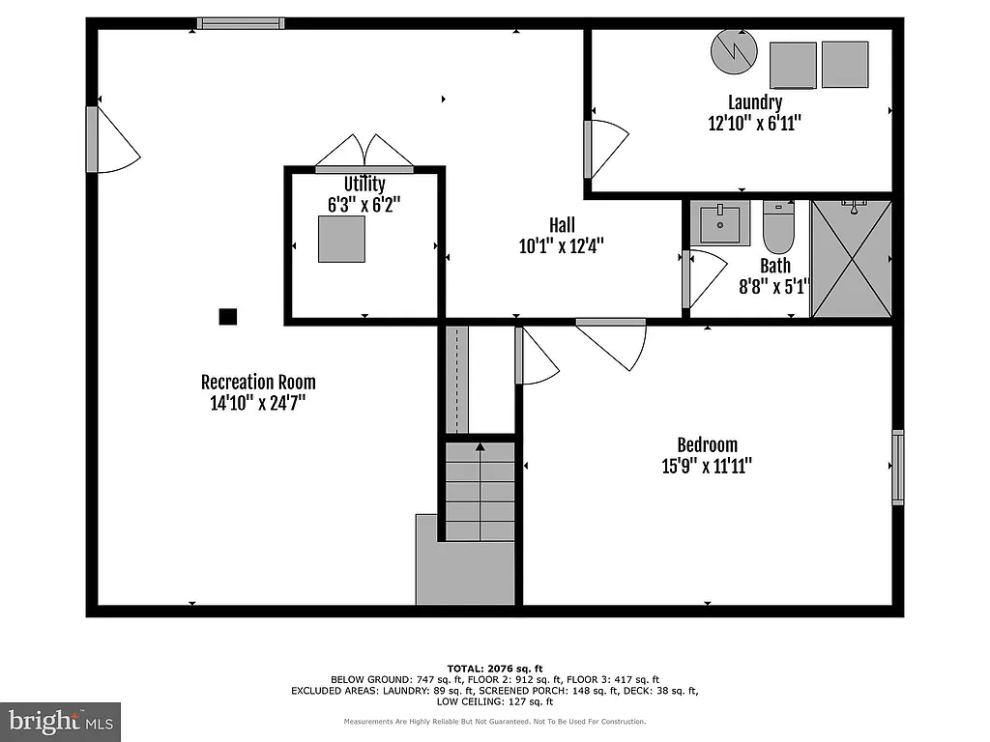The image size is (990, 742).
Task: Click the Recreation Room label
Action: click(258, 382)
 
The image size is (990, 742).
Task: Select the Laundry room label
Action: click(755, 101)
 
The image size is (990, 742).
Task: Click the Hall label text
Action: click(561, 225)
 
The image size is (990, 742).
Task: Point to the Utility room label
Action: click(364, 184)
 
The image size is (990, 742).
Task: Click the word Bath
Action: click(774, 265)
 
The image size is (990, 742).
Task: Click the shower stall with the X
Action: click(851, 258)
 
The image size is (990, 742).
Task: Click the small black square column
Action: click(228, 316)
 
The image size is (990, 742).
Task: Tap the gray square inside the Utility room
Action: click(341, 239)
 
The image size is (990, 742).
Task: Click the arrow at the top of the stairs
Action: click(480, 446)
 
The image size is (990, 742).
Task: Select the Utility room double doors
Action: click(364, 153)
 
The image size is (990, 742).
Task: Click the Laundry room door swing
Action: click(607, 148)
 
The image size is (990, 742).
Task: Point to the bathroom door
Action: click(703, 278)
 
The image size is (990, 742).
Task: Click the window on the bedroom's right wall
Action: click(898, 468)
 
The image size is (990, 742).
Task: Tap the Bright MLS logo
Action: click(61, 720)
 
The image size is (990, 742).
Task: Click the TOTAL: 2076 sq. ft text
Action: click(495, 668)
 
